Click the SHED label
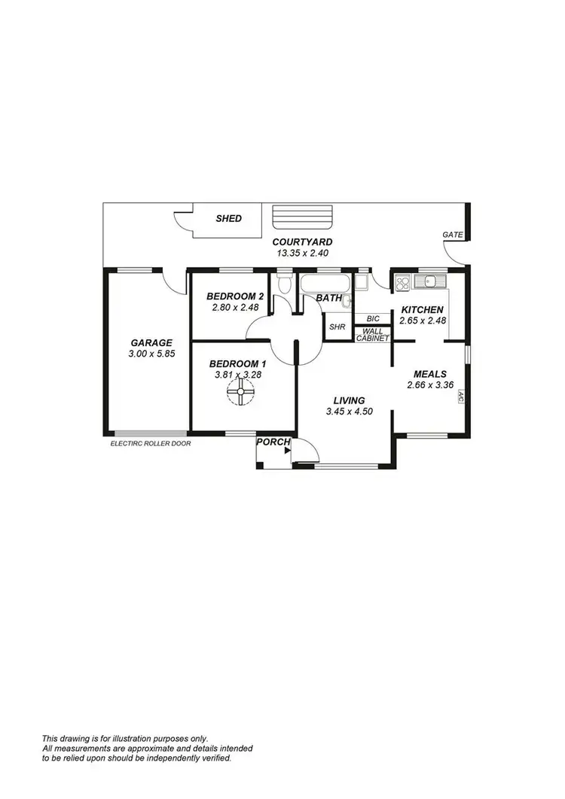coord(229,219)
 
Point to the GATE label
coord(453,235)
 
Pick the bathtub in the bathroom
coord(325,284)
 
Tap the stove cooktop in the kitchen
coord(402,283)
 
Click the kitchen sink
coord(432,282)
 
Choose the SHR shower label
coord(337,327)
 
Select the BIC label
coord(373,319)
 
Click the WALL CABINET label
coord(373,335)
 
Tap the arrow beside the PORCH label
coord(288,451)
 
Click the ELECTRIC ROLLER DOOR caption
coord(151,444)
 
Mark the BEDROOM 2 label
coord(235,296)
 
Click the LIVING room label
coord(345,400)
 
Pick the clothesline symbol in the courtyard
coord(301,217)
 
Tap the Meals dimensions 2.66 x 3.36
coord(430,385)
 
